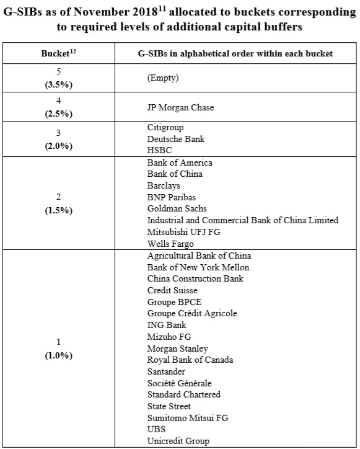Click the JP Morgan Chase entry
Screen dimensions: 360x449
[x=180, y=107]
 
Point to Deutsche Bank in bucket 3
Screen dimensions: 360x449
[x=176, y=139]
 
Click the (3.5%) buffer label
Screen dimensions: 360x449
[x=59, y=84]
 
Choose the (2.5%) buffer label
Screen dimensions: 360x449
[x=59, y=113]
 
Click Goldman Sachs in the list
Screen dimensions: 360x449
[x=177, y=208]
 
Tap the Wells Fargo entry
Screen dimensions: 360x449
[x=170, y=243]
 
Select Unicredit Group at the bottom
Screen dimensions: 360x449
[x=178, y=441]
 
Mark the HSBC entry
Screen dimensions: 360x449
[x=159, y=150]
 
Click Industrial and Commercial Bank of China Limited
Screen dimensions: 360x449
[x=243, y=220]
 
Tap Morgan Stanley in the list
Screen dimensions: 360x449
[x=177, y=349]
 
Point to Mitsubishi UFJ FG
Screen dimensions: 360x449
[x=183, y=232]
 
